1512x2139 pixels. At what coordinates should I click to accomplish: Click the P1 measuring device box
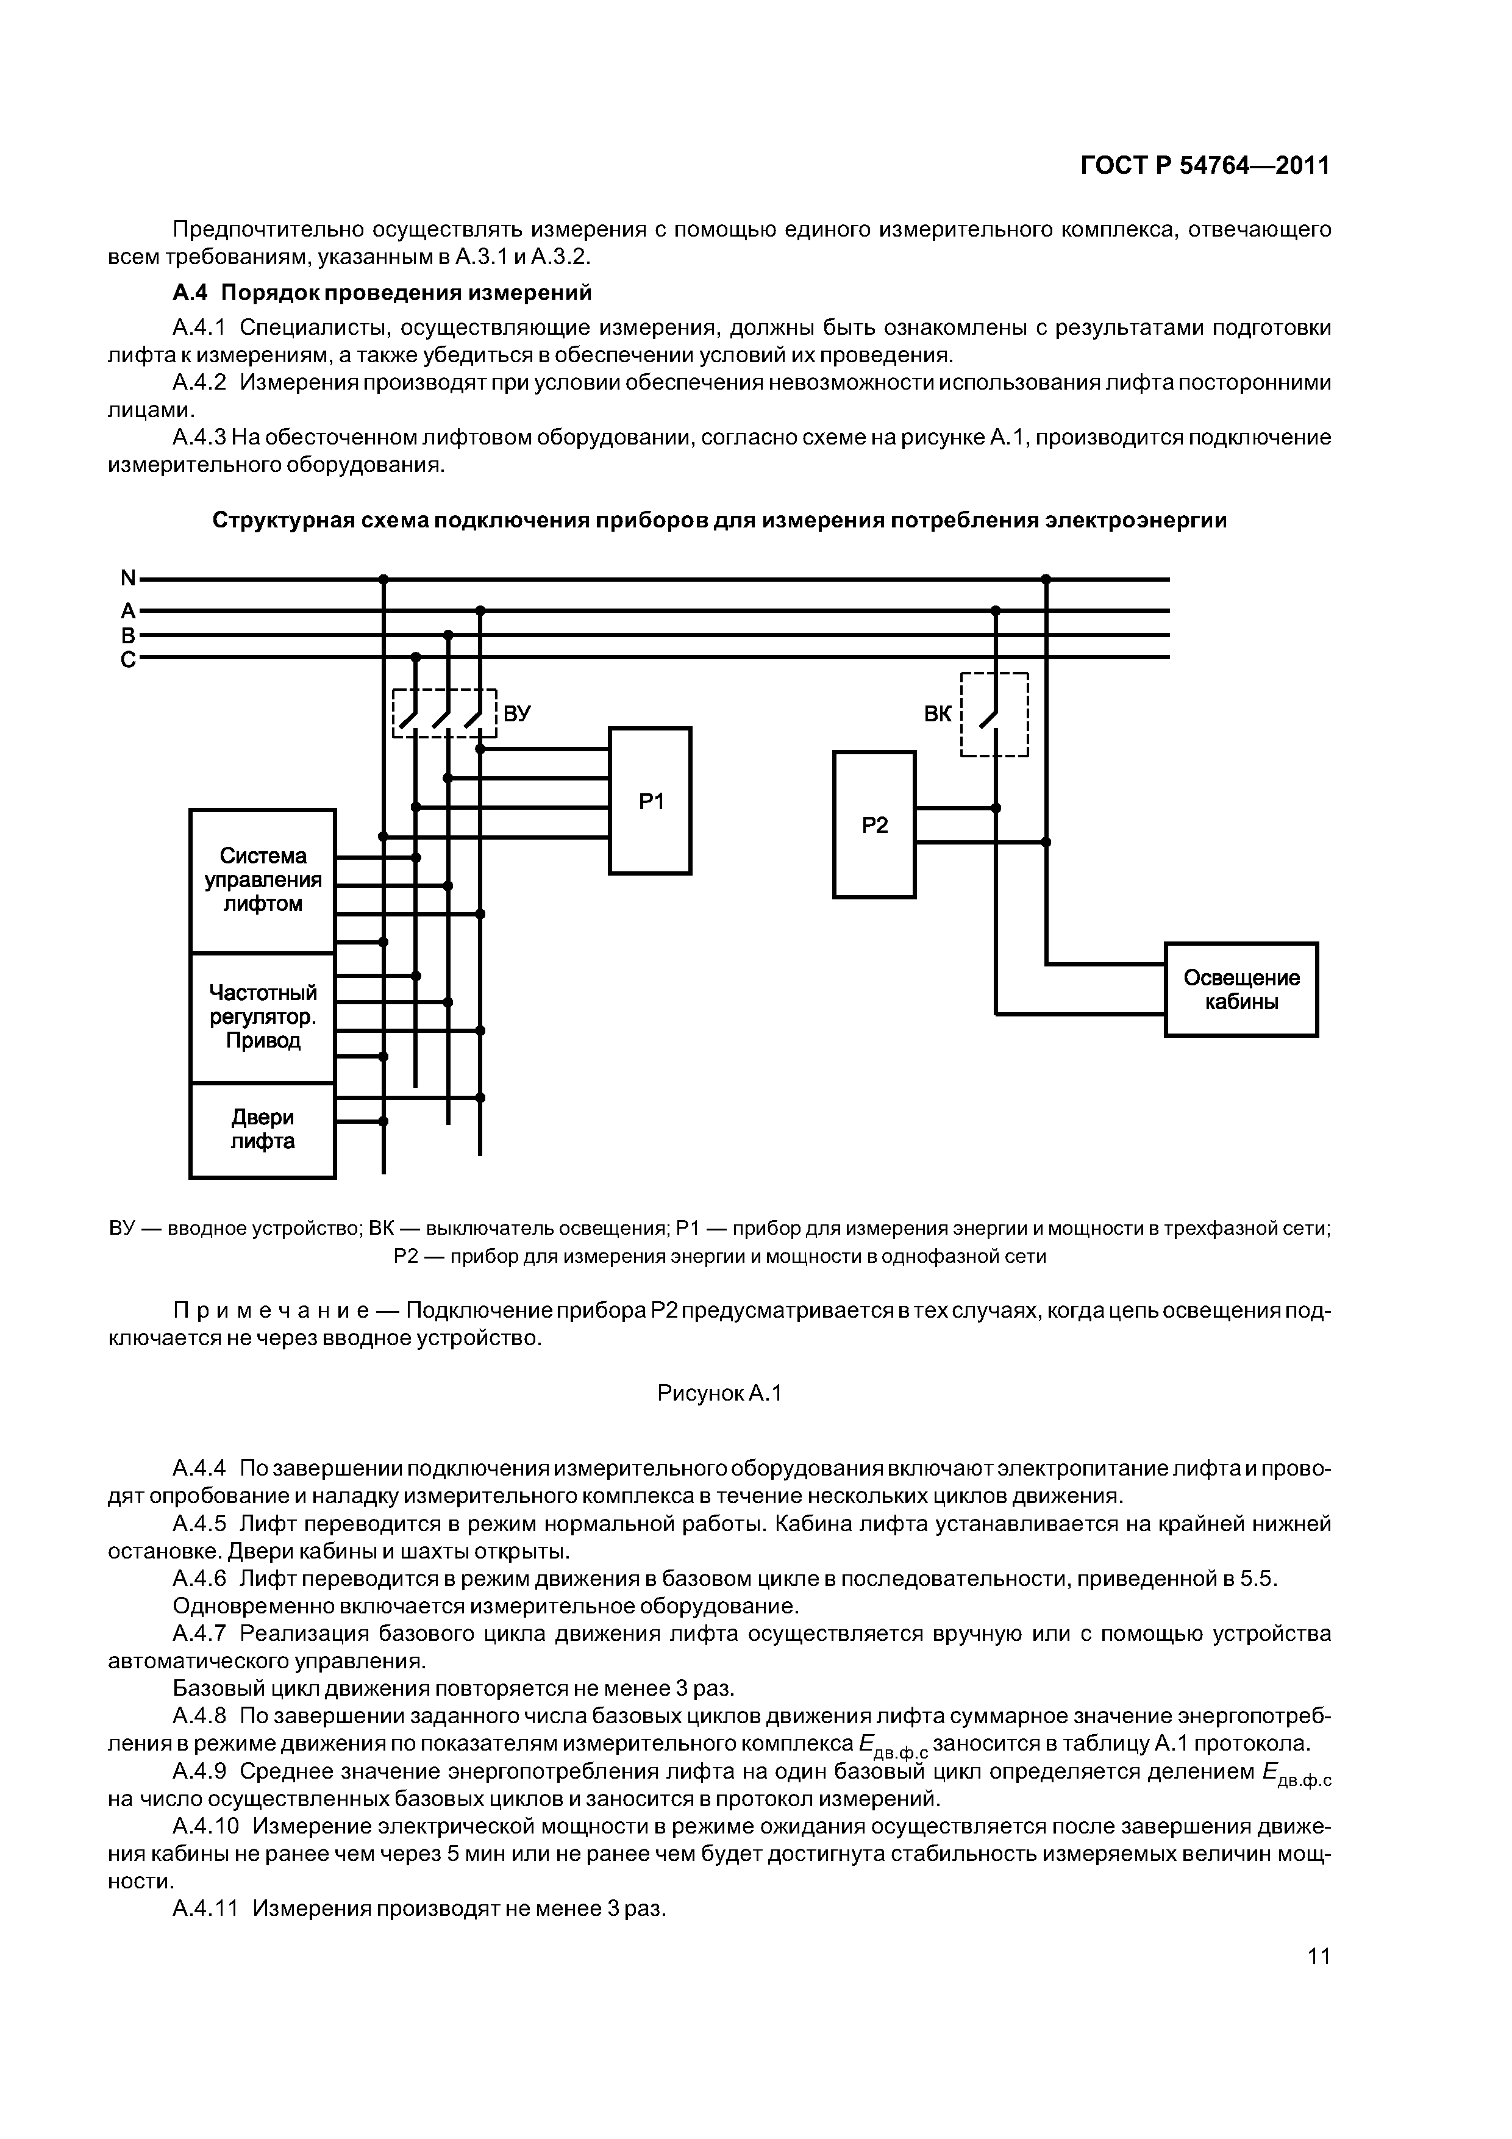click(651, 800)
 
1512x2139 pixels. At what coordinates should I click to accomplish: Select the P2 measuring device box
click(874, 824)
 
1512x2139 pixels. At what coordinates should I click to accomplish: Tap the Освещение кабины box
click(1241, 990)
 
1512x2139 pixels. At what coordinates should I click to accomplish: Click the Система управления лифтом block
click(263, 880)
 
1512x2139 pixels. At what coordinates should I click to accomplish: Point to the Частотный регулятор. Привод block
click(263, 1016)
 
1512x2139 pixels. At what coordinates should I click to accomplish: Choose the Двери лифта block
click(263, 1129)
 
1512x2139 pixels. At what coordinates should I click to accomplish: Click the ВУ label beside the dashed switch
click(518, 713)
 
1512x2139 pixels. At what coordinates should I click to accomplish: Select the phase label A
click(127, 611)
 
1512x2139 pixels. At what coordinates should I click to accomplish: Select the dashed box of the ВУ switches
click(444, 713)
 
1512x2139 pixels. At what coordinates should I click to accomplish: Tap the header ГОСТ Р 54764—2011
click(1205, 166)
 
